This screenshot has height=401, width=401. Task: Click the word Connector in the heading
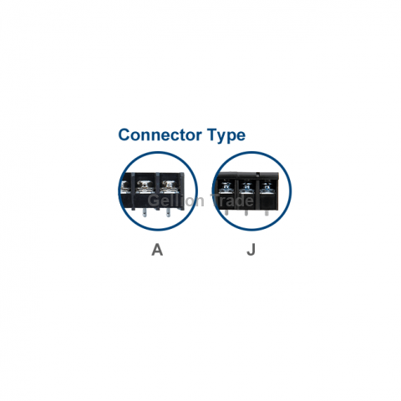tap(160, 135)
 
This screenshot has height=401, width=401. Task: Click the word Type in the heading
tap(226, 135)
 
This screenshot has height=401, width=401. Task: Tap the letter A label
tap(157, 250)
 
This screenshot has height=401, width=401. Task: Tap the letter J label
tap(251, 250)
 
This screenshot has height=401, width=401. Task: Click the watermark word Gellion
tap(175, 200)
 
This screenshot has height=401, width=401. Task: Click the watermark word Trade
tap(231, 200)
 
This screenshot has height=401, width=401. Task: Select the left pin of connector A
tap(144, 213)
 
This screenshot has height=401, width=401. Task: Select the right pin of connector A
tap(168, 213)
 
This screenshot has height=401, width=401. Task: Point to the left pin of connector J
tap(226, 213)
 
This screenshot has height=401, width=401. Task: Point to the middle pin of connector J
tap(246, 213)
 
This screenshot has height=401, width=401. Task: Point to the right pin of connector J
tap(266, 213)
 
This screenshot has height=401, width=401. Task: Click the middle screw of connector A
tap(145, 185)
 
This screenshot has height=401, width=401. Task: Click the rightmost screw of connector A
tap(169, 185)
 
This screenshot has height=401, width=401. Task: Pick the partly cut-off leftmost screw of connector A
tap(124, 186)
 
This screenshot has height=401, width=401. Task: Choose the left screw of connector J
tap(226, 187)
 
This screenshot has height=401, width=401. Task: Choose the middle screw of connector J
tap(246, 187)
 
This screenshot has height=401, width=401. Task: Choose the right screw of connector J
tap(266, 187)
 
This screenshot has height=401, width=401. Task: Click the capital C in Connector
tap(124, 135)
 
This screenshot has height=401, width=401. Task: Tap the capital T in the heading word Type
tap(212, 135)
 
